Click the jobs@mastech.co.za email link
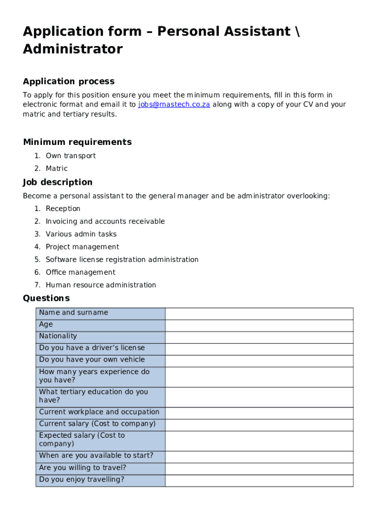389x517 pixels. point(174,105)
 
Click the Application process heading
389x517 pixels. point(69,81)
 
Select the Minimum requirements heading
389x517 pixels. point(77,142)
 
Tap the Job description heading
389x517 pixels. point(58,182)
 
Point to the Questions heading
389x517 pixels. point(46,298)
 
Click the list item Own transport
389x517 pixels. point(71,156)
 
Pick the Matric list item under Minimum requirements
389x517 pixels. point(57,168)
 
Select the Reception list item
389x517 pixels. point(63,209)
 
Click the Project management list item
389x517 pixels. point(82,247)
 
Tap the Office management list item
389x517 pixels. point(80,272)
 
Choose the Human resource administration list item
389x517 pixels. point(101,285)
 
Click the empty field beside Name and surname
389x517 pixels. point(259,314)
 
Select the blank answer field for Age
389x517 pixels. point(259,325)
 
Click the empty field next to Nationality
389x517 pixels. point(259,337)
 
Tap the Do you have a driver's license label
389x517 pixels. point(92,348)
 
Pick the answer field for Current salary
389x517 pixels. point(259,425)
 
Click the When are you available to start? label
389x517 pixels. point(96,455)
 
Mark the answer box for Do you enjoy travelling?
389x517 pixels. point(259,480)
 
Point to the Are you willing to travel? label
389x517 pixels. point(82,468)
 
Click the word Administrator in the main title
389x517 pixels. point(73,49)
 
